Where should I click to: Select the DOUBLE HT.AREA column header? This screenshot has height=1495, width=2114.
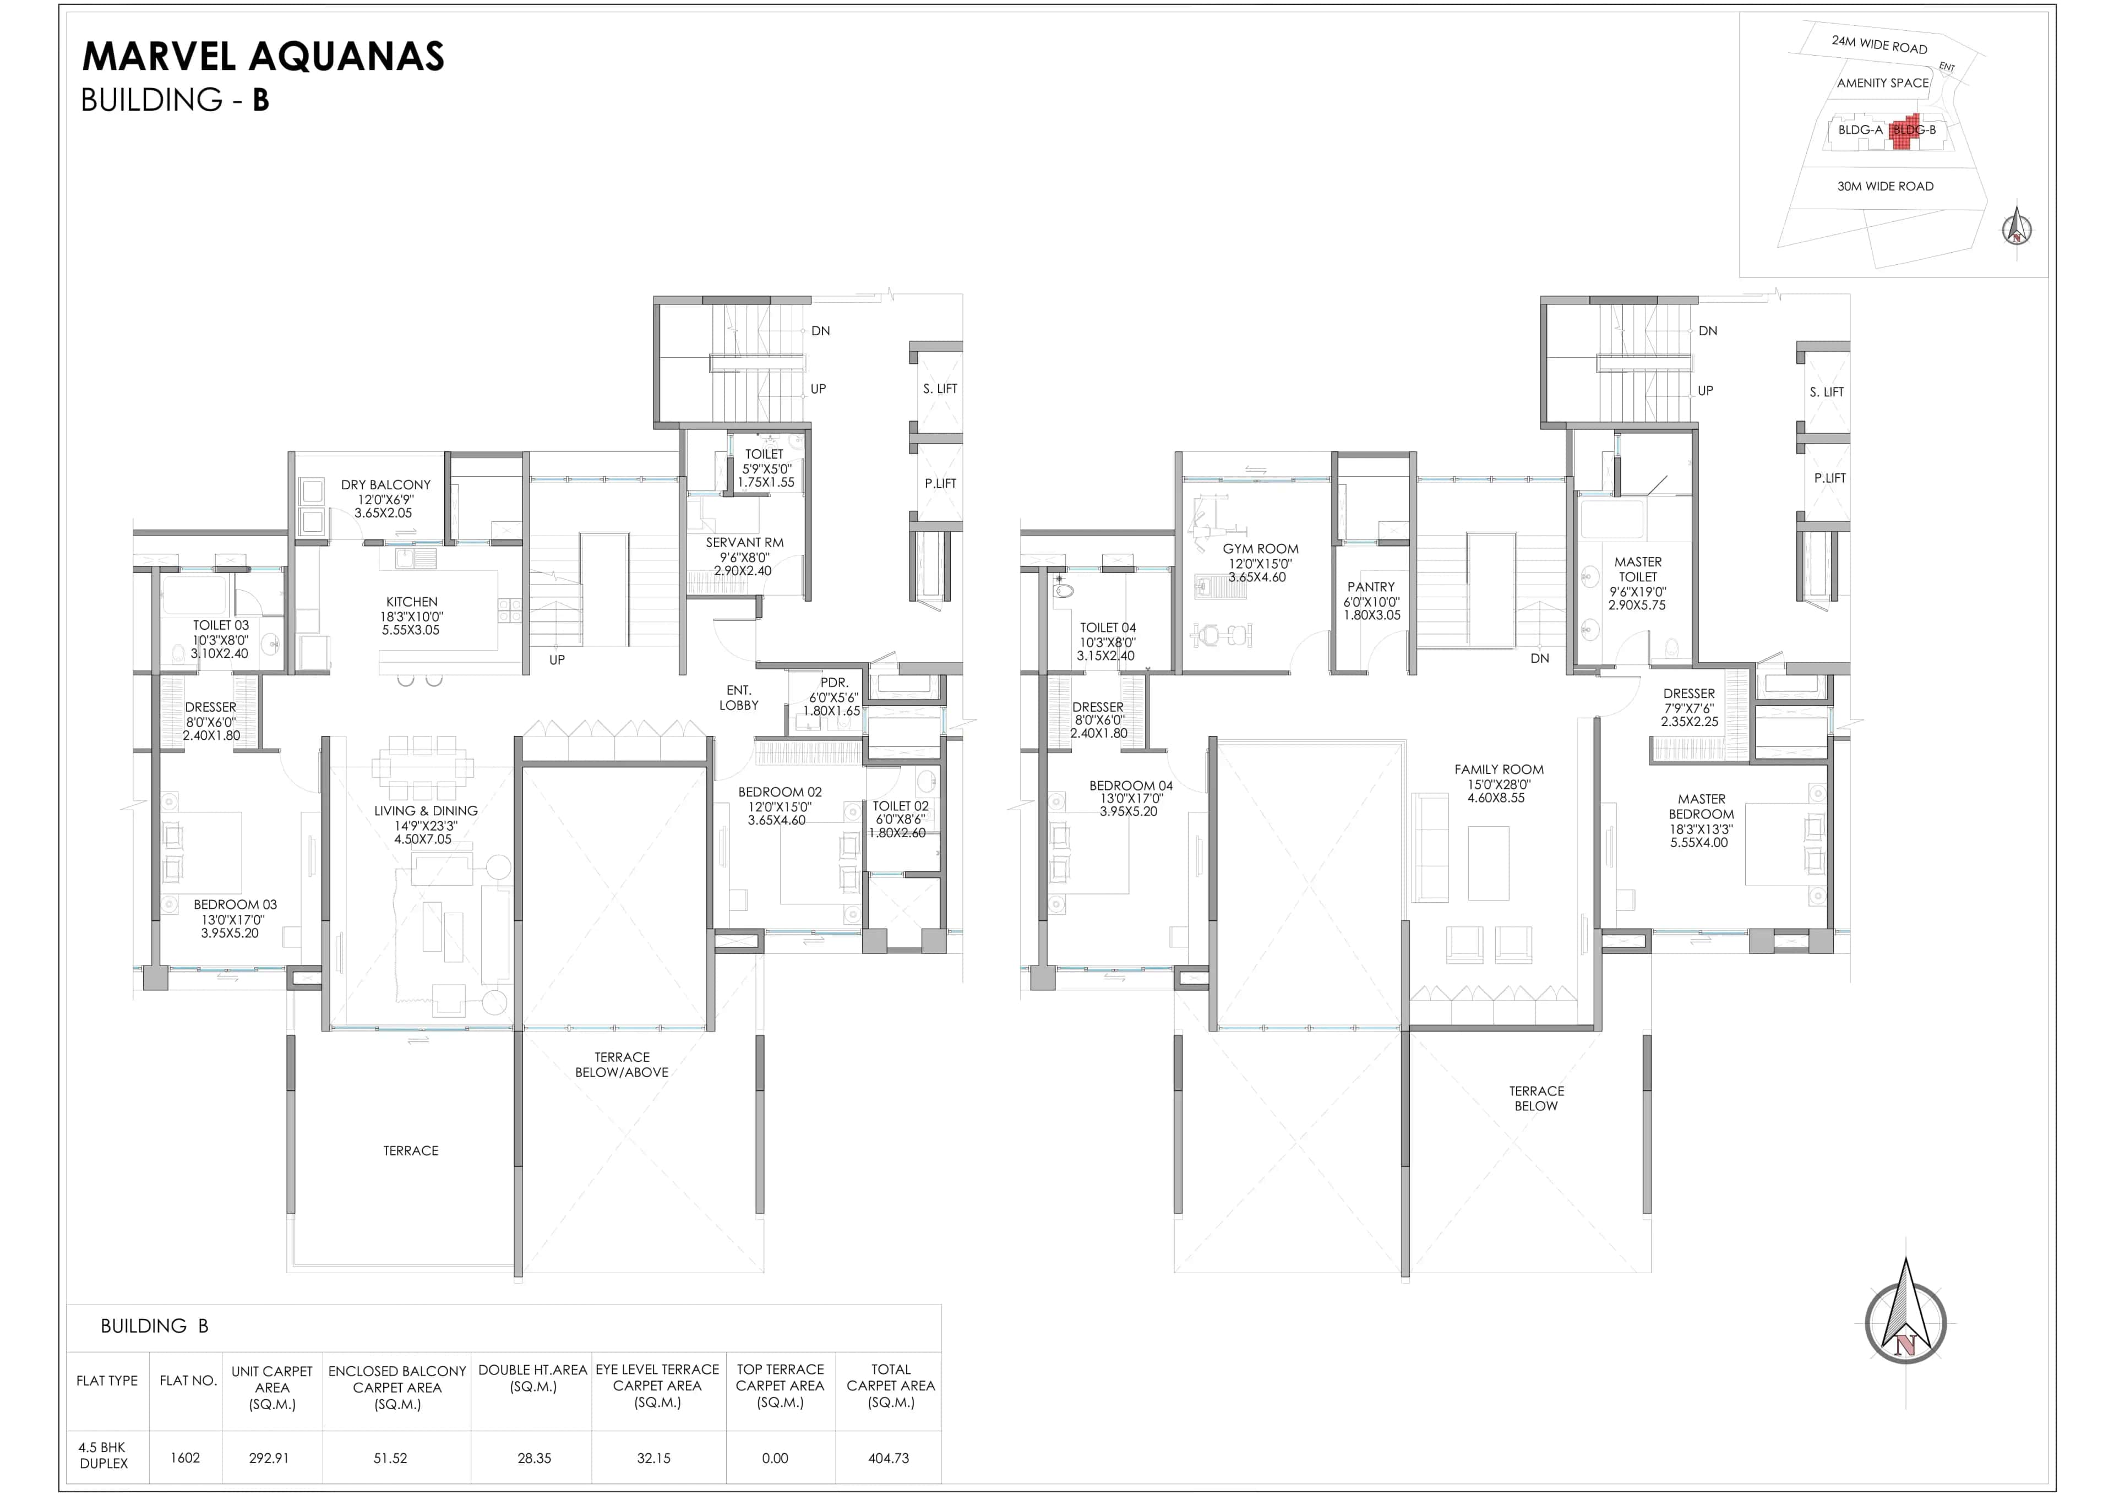[532, 1378]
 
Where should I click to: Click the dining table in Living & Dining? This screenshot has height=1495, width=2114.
[423, 767]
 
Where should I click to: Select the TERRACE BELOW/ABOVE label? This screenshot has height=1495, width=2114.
[622, 1065]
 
